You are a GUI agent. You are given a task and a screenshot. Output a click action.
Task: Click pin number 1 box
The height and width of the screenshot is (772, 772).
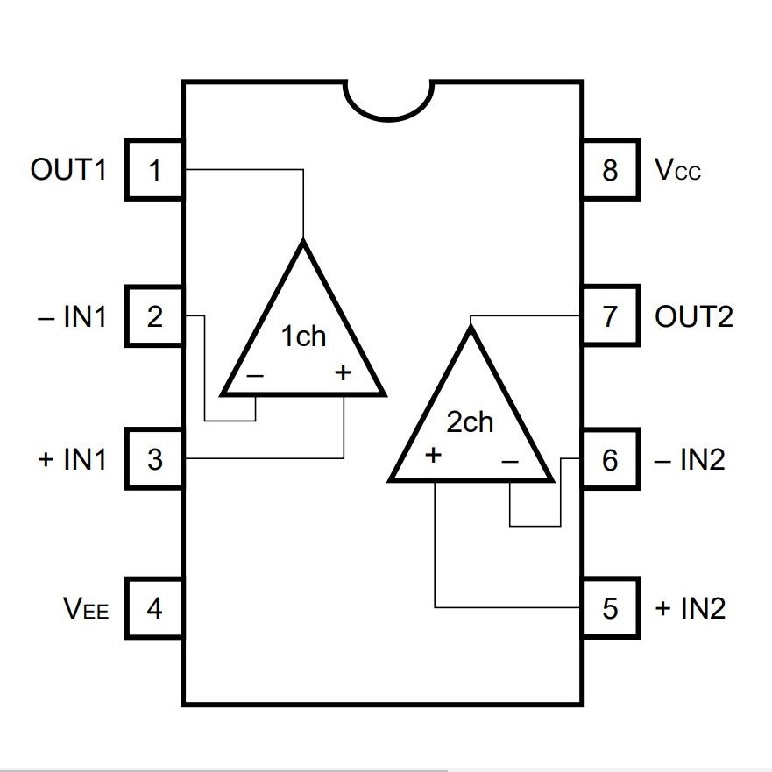pos(155,170)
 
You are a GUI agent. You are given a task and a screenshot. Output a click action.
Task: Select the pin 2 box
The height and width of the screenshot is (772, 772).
pos(155,316)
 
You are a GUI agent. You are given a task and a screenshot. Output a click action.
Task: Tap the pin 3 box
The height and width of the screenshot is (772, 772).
pos(155,459)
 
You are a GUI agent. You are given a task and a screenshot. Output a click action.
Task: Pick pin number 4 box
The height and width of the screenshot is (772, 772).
pos(155,608)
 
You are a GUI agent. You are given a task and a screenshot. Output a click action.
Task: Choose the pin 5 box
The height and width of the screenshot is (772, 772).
pos(611,608)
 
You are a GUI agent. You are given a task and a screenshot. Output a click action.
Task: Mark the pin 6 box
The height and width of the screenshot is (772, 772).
pos(611,459)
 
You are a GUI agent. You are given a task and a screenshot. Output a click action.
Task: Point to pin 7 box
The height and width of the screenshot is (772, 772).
pos(611,316)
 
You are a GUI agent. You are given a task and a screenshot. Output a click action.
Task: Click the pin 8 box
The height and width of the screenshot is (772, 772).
pos(611,170)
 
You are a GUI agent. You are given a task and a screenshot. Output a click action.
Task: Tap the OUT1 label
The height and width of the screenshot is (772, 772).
pos(68,169)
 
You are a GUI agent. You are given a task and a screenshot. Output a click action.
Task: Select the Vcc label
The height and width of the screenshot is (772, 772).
pos(677,169)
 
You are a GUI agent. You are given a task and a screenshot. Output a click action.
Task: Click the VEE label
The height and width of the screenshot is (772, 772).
pos(86,608)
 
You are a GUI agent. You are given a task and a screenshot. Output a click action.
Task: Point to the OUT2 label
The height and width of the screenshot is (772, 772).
pos(694,316)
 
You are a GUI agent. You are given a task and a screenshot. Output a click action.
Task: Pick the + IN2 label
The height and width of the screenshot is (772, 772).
pos(691,608)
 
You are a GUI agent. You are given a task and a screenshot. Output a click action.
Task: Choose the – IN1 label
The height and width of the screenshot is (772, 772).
pos(72,316)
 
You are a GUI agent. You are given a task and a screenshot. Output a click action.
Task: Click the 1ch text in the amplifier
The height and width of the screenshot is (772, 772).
pos(303,336)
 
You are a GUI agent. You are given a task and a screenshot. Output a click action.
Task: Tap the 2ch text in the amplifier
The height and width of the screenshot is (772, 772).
pos(470,422)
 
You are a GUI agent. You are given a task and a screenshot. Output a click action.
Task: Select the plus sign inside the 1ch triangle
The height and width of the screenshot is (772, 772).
pos(344,372)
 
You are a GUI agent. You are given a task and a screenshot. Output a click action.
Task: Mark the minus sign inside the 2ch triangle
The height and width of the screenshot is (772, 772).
pos(510,462)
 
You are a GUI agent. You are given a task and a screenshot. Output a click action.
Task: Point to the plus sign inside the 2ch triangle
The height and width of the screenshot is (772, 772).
pos(433,455)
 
